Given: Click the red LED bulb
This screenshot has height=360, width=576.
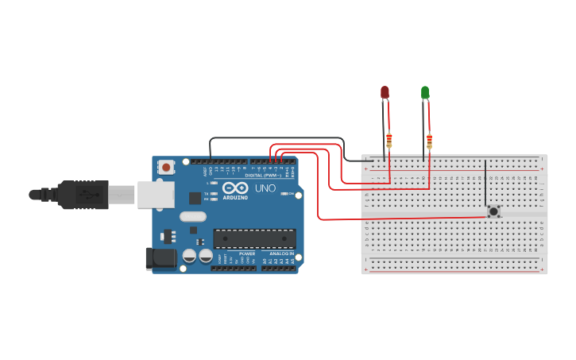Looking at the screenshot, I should click(385, 92).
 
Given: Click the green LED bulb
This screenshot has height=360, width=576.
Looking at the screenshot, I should click(425, 93).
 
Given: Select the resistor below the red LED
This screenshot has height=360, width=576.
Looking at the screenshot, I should click(389, 141).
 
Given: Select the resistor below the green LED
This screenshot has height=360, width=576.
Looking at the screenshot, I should click(430, 141).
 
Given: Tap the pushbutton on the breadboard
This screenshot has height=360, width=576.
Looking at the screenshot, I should click(493, 211).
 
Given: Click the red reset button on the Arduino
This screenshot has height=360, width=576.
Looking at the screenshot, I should click(166, 168).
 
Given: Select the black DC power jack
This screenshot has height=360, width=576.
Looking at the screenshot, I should click(160, 258).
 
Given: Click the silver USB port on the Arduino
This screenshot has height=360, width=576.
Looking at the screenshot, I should click(155, 195).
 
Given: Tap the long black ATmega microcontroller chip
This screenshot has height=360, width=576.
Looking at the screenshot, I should click(254, 238).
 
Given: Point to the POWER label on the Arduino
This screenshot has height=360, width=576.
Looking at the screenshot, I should click(247, 254).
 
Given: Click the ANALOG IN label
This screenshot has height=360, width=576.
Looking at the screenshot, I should click(280, 254).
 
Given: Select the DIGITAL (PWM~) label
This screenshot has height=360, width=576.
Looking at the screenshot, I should click(261, 176).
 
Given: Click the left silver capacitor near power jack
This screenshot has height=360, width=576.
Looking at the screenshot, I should click(190, 255).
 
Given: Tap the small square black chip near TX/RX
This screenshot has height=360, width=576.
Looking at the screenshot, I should click(195, 198).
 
